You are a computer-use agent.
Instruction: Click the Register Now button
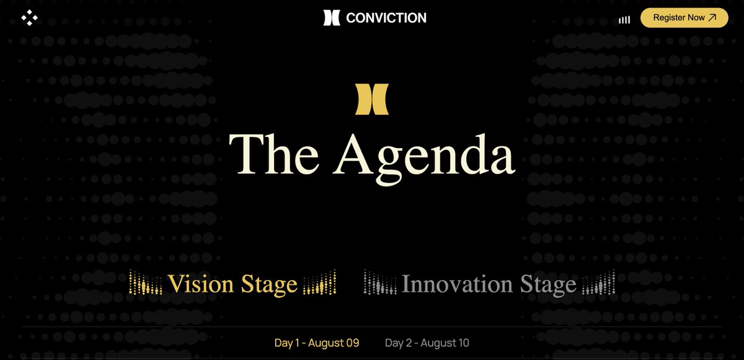tap(684, 18)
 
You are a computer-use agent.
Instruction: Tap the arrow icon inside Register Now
tap(712, 18)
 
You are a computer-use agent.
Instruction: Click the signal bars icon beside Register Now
tap(624, 20)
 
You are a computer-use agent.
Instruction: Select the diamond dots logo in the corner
tap(29, 18)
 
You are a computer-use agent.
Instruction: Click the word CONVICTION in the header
tap(386, 18)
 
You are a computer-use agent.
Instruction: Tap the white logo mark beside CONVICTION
tap(332, 18)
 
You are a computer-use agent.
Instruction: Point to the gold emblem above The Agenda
tap(372, 100)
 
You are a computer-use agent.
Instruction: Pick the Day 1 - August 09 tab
tap(317, 343)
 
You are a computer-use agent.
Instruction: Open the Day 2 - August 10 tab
tap(427, 343)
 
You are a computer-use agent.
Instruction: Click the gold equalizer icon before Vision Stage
tap(145, 284)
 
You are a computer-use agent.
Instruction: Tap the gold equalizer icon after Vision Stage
tap(320, 284)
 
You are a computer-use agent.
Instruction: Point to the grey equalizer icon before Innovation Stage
tap(379, 284)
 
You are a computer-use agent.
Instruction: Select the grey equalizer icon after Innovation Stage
tap(600, 284)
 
